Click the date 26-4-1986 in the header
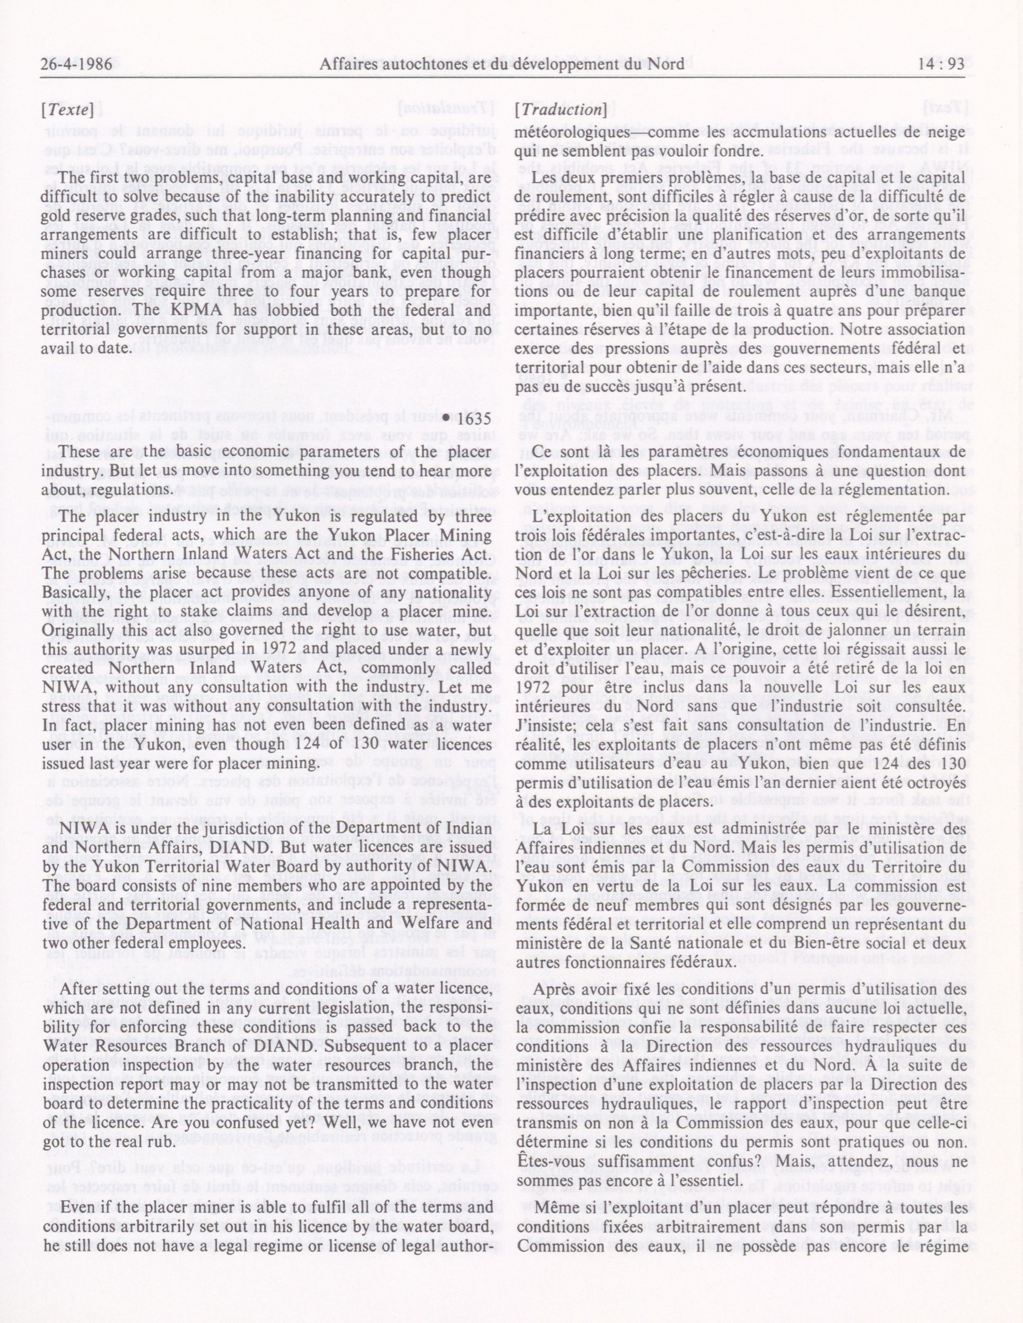tap(76, 64)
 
